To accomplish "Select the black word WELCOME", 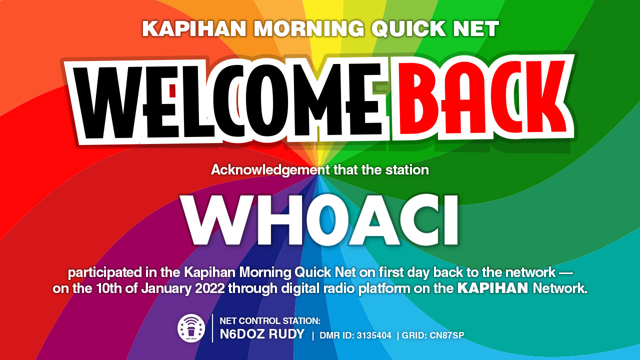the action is tap(227, 101).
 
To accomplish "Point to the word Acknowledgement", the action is tap(270, 170).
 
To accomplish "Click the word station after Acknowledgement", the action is tap(407, 170).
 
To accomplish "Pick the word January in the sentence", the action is tap(166, 288).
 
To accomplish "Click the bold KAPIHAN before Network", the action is tap(493, 288).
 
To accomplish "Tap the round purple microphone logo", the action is tap(191, 328).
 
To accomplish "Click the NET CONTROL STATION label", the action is tap(270, 321).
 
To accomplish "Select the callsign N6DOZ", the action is tap(241, 334).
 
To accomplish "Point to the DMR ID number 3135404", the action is tap(374, 335).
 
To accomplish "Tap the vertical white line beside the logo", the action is tap(212, 328).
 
